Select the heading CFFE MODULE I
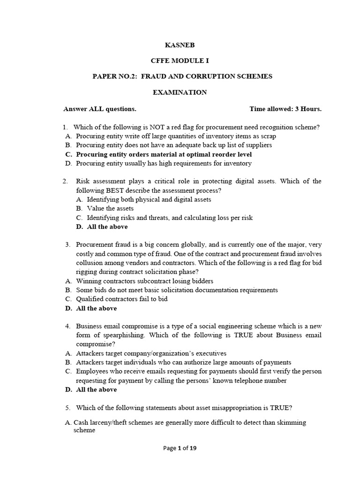(x=180, y=60)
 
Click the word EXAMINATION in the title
(x=180, y=92)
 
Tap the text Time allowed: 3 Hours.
(x=285, y=109)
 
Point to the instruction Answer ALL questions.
(x=100, y=109)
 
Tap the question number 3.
(x=67, y=245)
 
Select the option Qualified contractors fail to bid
(x=122, y=299)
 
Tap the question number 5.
(x=67, y=407)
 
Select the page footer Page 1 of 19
(x=180, y=448)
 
